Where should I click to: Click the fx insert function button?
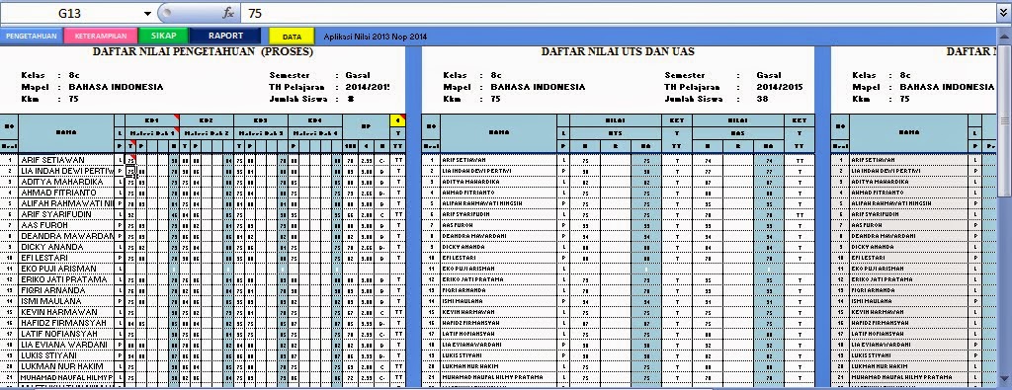tap(228, 14)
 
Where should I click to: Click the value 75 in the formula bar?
tap(256, 14)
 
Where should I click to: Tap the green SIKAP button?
tap(164, 36)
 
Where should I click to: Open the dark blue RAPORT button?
tap(225, 36)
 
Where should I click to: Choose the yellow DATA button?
tap(292, 36)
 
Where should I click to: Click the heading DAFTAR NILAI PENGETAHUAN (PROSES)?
tap(203, 51)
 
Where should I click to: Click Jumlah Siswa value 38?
tap(762, 99)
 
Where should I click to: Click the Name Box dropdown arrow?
tap(148, 14)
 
